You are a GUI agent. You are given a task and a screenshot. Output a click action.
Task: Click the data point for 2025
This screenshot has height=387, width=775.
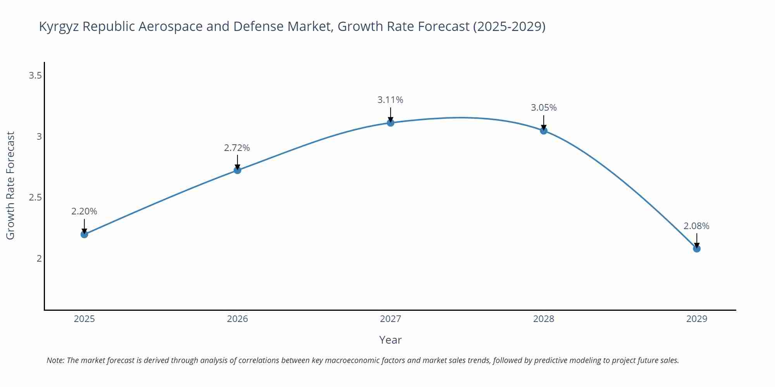coord(84,234)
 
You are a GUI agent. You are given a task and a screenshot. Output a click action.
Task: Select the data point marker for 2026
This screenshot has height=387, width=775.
coord(238,170)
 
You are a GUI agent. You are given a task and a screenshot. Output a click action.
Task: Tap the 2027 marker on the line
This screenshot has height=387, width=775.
coord(391,123)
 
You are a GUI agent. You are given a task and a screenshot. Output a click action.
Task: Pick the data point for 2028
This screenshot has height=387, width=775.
coord(544,130)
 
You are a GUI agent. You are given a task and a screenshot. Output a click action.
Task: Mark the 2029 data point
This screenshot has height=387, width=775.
coord(697,248)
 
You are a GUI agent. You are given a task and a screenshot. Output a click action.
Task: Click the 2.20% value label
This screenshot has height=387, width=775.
coord(84,211)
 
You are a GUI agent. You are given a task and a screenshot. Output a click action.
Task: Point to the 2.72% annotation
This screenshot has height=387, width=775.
coord(237,148)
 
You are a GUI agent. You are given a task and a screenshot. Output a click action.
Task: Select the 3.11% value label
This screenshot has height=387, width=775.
coord(390,100)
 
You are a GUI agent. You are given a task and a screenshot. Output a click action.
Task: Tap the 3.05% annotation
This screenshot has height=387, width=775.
coord(544,108)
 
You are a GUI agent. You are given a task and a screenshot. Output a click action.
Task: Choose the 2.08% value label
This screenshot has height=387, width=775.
coord(696,226)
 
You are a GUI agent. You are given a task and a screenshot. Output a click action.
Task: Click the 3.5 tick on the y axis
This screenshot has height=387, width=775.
coord(35,75)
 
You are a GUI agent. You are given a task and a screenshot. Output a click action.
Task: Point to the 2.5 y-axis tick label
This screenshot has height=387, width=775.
coord(35,197)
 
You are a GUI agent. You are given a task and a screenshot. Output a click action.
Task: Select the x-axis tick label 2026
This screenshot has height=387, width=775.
coord(238,319)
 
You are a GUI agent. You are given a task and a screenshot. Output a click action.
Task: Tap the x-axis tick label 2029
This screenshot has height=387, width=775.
coord(697,319)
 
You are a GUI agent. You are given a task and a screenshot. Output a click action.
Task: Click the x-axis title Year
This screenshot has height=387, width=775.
coord(390,340)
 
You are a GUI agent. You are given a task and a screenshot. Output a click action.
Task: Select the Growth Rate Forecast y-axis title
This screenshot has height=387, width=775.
coord(10,185)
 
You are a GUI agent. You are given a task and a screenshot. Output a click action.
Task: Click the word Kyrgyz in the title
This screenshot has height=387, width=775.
coord(59,27)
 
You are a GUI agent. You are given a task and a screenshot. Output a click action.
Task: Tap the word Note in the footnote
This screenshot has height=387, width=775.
coord(55,360)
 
